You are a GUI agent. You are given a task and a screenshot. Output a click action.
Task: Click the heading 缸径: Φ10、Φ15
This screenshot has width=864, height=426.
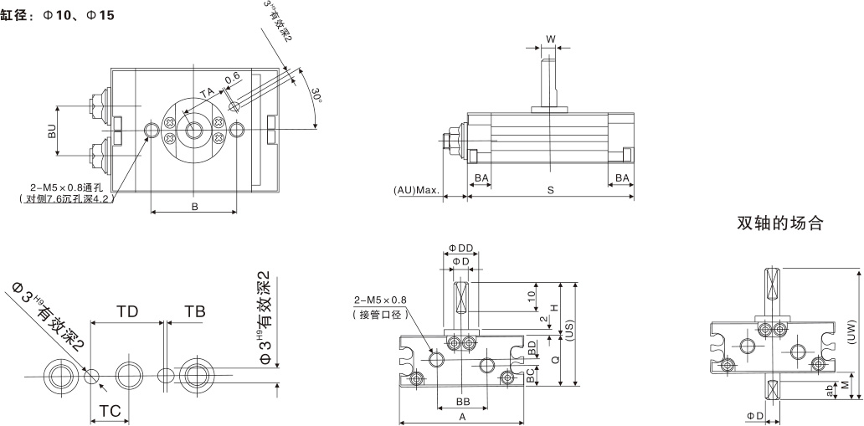coord(58,15)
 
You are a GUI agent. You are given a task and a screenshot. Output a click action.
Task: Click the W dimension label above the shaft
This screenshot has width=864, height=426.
coord(549,39)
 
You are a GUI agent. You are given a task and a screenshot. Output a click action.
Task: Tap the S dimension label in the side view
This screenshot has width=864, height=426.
coord(550,190)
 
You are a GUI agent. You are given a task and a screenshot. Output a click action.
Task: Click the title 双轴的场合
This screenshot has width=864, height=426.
coord(780,223)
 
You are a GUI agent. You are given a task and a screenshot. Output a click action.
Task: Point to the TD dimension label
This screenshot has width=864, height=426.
coord(127,311)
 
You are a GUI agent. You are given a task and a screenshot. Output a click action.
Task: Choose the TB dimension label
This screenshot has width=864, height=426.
coord(194,311)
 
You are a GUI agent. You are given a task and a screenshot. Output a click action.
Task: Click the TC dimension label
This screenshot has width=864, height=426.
coord(110,410)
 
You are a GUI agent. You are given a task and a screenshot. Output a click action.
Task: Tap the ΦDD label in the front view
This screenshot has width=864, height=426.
coord(460,248)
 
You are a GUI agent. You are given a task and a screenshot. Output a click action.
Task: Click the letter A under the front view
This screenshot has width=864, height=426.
coord(461,416)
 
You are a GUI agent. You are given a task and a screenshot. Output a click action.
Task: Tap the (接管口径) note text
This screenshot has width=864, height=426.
coord(378,314)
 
